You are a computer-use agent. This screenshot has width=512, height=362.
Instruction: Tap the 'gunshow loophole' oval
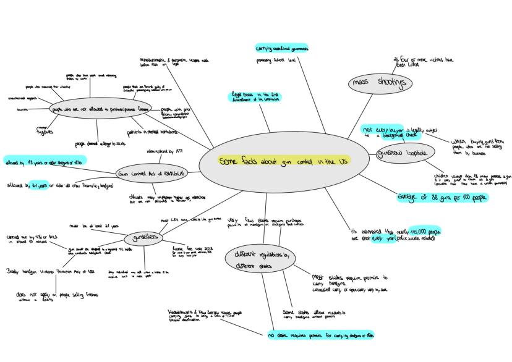(401, 153)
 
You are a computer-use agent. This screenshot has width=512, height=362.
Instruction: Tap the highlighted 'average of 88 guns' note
(443, 197)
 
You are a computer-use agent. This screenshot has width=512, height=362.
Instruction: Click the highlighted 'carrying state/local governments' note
(282, 48)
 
